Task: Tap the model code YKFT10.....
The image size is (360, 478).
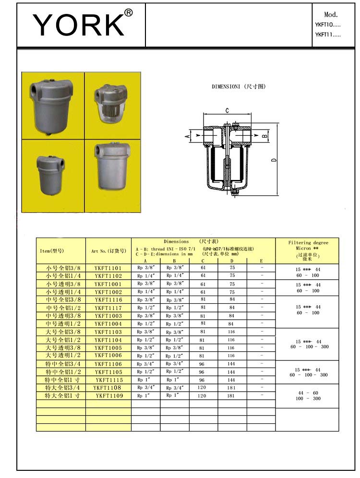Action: (328, 24)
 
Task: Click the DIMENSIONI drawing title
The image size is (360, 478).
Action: (239, 87)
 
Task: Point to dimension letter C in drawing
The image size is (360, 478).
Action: (227, 111)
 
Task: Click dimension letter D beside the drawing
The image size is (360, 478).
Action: (273, 160)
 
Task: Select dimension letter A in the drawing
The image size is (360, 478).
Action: (188, 137)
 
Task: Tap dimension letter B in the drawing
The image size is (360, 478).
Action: (264, 136)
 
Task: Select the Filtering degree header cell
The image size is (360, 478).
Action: (307, 251)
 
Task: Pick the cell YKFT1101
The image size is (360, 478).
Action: (108, 268)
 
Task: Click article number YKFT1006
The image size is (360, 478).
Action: (108, 356)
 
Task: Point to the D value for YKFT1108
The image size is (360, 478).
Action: (232, 388)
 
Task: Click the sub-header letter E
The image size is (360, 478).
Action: (261, 261)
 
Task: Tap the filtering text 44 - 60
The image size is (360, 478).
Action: (307, 393)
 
